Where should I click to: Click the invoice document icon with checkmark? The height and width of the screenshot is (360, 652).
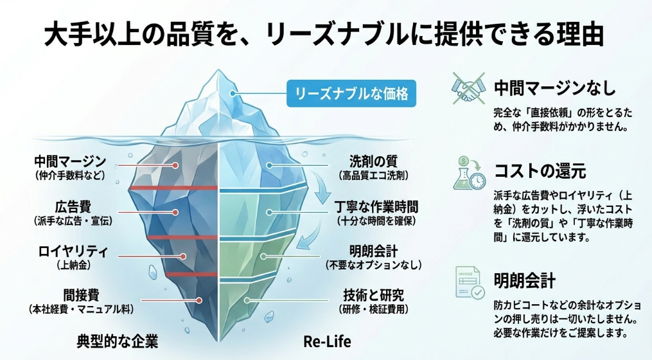469,282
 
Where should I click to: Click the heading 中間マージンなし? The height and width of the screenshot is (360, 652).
554,87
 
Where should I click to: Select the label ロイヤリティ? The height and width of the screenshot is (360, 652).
72,251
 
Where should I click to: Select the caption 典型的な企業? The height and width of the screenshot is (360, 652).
118,340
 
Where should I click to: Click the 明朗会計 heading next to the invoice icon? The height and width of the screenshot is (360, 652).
524,281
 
